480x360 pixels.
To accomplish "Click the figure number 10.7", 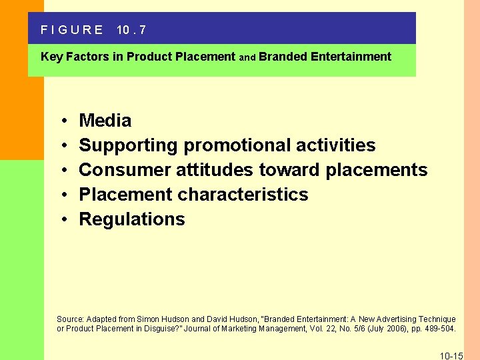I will click(131, 30).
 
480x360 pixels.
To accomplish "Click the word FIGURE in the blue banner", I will click(72, 30).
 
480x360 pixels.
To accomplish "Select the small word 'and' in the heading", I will click(247, 57).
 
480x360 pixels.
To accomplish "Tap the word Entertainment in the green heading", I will click(350, 57).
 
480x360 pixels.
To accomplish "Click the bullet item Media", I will click(105, 121).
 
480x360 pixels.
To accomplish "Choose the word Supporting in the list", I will click(129, 145).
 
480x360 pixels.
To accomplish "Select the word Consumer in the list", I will click(125, 170).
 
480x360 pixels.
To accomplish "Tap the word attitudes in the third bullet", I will click(215, 170).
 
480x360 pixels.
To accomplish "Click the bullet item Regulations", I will click(132, 219).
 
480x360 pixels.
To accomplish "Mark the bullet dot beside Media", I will click(61, 121).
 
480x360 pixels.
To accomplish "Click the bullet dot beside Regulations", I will click(61, 220).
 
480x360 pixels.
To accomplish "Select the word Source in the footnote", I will click(70, 319).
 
